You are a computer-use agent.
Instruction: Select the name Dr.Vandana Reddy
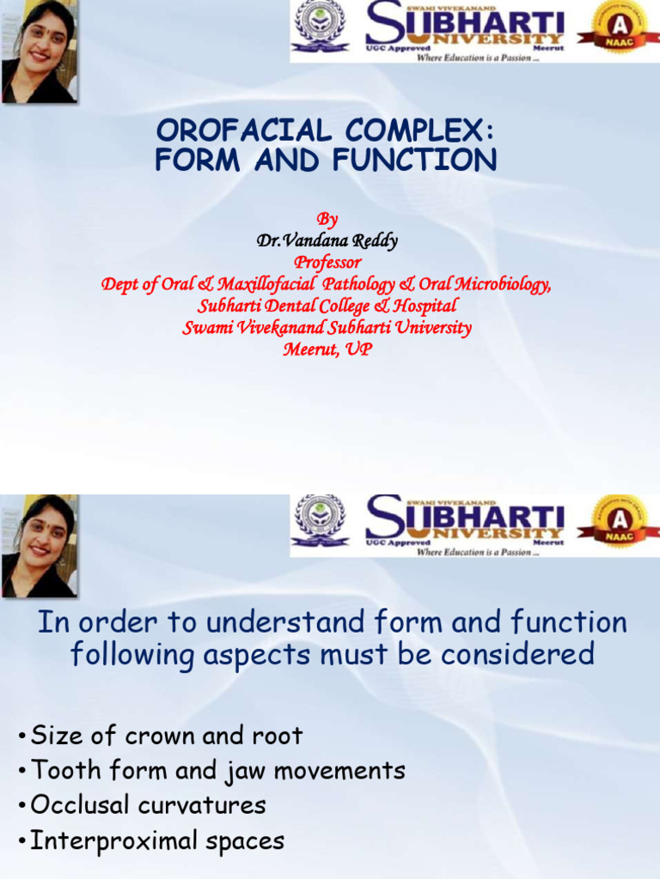click(x=327, y=241)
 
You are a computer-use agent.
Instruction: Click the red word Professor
click(x=327, y=263)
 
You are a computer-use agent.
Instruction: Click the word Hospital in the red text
click(x=425, y=306)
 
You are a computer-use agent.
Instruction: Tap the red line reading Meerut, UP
click(x=327, y=349)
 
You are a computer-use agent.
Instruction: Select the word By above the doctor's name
click(x=327, y=220)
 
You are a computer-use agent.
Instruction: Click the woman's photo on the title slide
click(x=39, y=52)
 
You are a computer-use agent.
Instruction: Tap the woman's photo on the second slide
click(x=39, y=546)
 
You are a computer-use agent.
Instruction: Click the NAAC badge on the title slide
click(x=618, y=31)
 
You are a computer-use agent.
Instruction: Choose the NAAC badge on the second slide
click(x=618, y=525)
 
